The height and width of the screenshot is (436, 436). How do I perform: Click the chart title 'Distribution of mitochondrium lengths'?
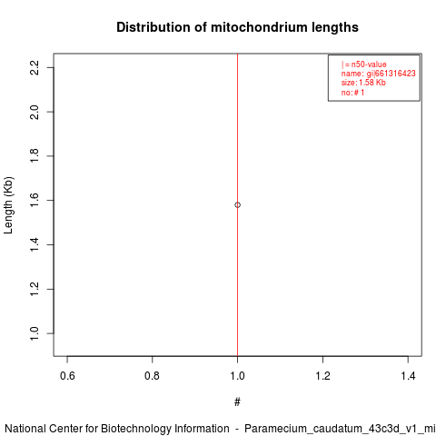[237, 27]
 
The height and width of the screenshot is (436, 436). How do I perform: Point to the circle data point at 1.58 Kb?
[237, 205]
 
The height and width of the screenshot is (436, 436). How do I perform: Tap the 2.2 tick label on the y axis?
[35, 67]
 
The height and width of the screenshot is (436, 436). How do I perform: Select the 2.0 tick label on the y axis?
[35, 112]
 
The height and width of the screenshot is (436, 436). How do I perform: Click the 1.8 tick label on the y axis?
[35, 156]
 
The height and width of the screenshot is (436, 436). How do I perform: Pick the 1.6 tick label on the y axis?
[35, 201]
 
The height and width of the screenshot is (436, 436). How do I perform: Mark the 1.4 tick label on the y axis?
[35, 244]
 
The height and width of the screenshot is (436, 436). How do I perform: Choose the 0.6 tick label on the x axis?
[67, 376]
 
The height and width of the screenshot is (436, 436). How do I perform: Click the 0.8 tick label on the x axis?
[152, 376]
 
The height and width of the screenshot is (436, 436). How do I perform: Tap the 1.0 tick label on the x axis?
[237, 376]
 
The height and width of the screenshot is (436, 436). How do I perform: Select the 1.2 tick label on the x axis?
[322, 376]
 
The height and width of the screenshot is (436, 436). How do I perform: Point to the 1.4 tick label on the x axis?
[408, 376]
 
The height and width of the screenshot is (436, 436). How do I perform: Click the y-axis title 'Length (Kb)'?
[8, 205]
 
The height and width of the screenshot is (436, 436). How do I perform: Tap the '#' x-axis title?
[237, 402]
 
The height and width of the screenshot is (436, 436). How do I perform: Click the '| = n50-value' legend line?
[364, 64]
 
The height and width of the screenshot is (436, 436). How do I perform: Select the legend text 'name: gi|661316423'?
[379, 74]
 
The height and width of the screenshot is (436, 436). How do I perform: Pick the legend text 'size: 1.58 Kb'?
[363, 83]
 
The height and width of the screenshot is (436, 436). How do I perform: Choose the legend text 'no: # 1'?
[352, 93]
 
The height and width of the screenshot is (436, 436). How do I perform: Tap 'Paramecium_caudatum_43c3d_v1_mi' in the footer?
[340, 430]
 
